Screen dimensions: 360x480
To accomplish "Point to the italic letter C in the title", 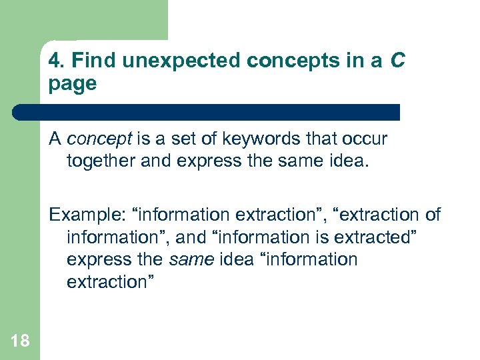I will [x=397, y=61].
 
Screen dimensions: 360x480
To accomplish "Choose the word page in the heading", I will [x=73, y=85].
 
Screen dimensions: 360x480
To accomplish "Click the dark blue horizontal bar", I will [x=207, y=112].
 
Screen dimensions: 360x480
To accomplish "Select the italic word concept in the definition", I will [x=99, y=139].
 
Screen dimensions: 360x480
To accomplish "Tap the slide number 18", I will [x=20, y=341].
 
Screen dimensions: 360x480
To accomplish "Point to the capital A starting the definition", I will [x=55, y=139].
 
